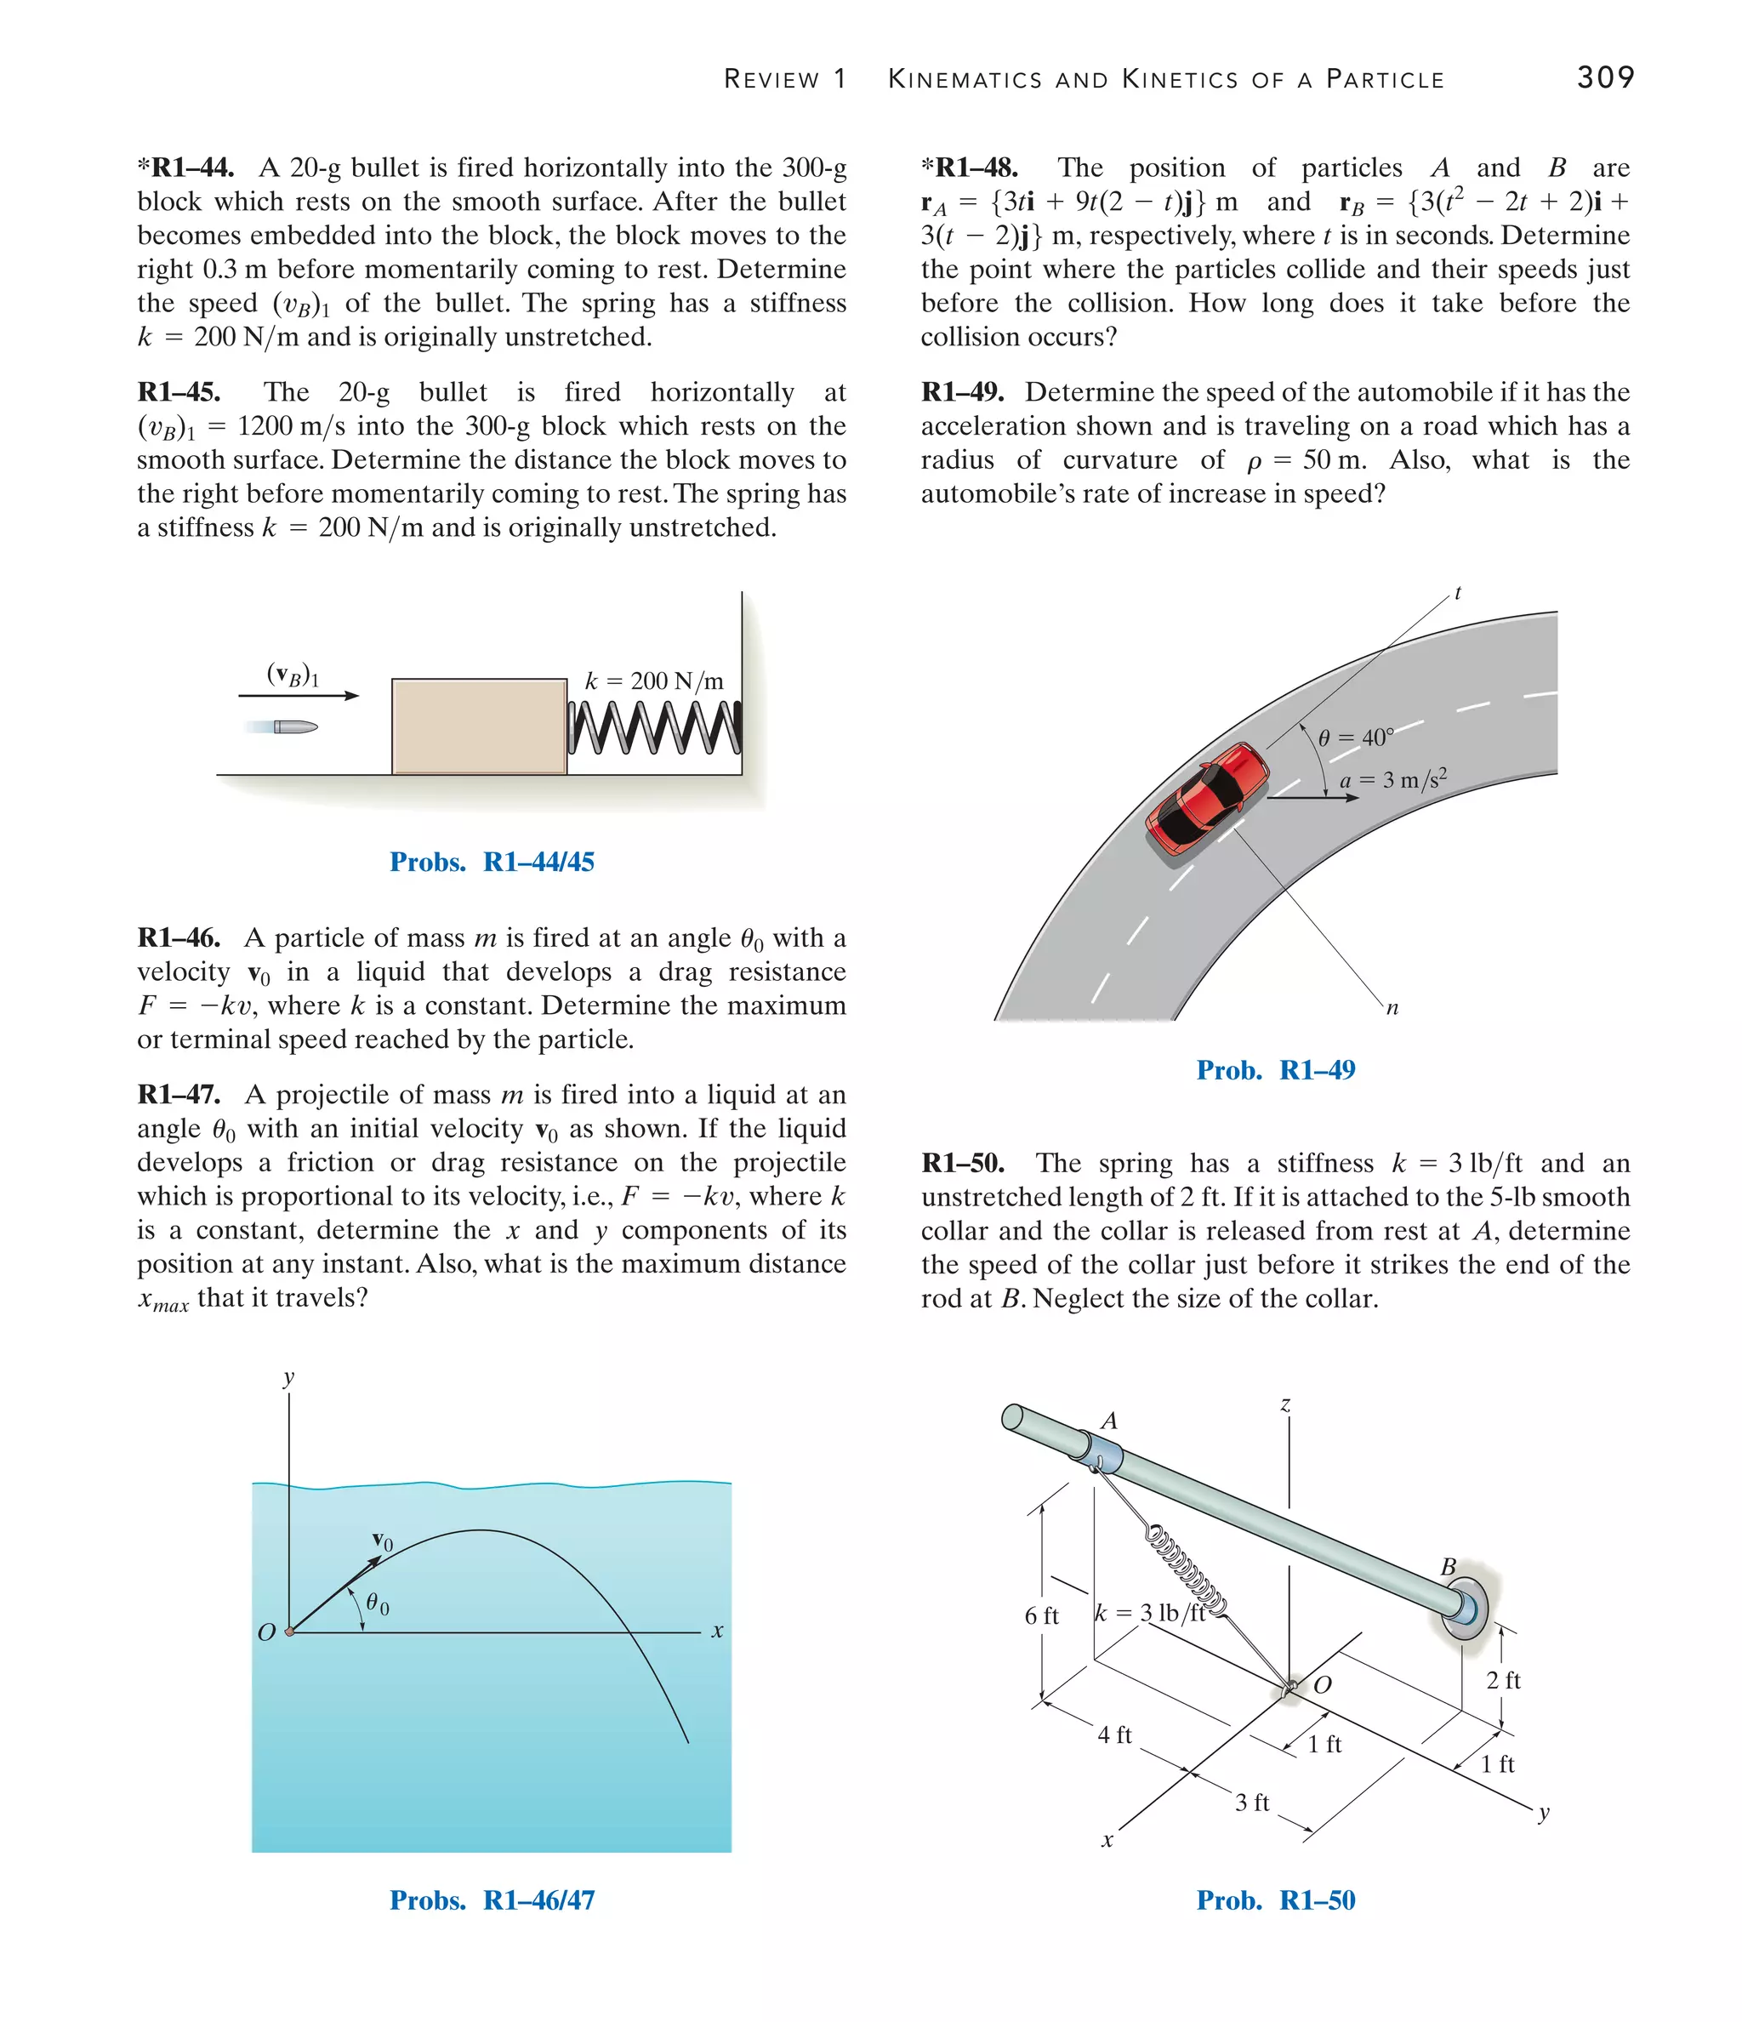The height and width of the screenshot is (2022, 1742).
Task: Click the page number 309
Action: [x=1604, y=77]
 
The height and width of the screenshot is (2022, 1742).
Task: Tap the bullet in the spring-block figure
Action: [x=293, y=726]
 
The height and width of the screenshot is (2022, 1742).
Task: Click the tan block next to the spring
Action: [x=478, y=726]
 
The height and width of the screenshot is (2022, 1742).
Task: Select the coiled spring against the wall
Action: [x=654, y=728]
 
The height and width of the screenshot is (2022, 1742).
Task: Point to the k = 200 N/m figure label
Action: [x=654, y=681]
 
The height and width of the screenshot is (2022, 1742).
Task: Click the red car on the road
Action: [x=1207, y=797]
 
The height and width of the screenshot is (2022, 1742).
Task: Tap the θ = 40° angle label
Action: [x=1356, y=738]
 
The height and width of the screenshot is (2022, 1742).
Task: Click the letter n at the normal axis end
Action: [x=1392, y=1008]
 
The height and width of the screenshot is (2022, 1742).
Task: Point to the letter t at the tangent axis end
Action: [x=1457, y=592]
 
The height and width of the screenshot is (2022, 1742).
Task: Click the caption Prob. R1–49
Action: [x=1276, y=1069]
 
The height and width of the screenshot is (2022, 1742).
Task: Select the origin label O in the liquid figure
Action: [x=265, y=1632]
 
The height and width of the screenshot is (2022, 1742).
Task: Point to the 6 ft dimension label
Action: [x=1041, y=1616]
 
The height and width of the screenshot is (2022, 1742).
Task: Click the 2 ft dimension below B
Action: [x=1503, y=1680]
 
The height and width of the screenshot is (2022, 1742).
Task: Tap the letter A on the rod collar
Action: [x=1108, y=1421]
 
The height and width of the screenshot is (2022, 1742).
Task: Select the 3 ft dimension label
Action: [x=1251, y=1803]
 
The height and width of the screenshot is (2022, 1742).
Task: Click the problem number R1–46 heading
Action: [x=179, y=937]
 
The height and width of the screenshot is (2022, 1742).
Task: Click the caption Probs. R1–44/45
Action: [x=492, y=862]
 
